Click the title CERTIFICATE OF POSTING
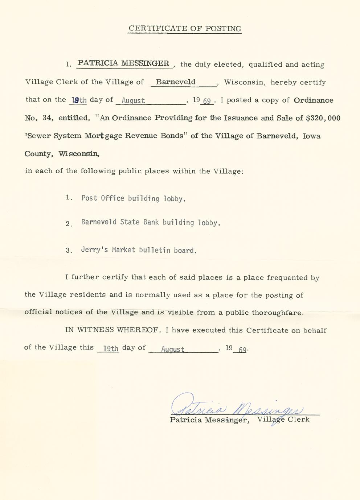pyautogui.click(x=185, y=29)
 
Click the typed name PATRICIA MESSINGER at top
pyautogui.click(x=123, y=63)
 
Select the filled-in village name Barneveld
pyautogui.click(x=176, y=82)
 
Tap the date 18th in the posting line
pyautogui.click(x=79, y=100)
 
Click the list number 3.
pyautogui.click(x=69, y=250)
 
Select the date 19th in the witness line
pyautogui.click(x=111, y=348)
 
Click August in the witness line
pyautogui.click(x=173, y=350)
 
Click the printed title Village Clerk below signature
pyautogui.click(x=283, y=420)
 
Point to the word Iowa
pyautogui.click(x=311, y=136)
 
